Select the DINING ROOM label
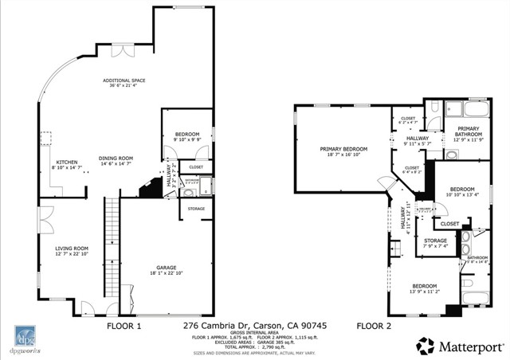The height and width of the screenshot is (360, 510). point(116,158)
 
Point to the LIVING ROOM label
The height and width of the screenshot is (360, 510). point(71,248)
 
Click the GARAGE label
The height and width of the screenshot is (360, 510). point(167,268)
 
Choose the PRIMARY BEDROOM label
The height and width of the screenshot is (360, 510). point(343,149)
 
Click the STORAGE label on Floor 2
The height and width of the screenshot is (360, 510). point(435,241)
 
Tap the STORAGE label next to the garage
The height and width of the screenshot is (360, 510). point(196,209)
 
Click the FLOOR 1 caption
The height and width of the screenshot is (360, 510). point(124,325)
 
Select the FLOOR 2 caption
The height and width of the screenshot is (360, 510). point(373,325)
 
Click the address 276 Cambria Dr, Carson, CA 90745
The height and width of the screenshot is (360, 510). point(254,325)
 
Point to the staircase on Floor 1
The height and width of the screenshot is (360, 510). point(112,239)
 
